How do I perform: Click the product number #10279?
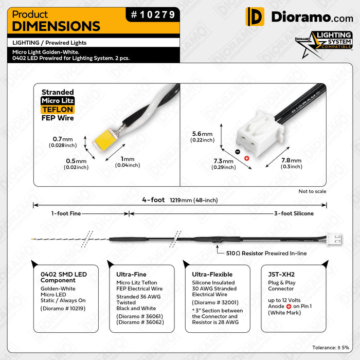click(x=153, y=15)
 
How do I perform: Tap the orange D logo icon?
click(x=255, y=16)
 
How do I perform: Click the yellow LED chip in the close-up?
click(x=105, y=140)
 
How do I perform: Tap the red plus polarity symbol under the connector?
click(x=246, y=158)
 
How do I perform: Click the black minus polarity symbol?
click(x=238, y=152)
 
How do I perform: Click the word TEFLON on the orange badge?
click(x=58, y=110)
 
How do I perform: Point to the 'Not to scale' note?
click(x=312, y=191)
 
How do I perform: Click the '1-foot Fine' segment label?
click(x=66, y=213)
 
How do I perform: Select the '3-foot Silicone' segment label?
click(x=294, y=213)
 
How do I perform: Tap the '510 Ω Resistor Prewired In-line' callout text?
click(x=266, y=253)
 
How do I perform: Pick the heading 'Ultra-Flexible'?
click(x=212, y=274)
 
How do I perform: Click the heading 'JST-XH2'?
click(x=281, y=274)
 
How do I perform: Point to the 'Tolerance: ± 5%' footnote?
click(x=331, y=348)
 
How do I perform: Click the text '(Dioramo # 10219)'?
click(x=63, y=309)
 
